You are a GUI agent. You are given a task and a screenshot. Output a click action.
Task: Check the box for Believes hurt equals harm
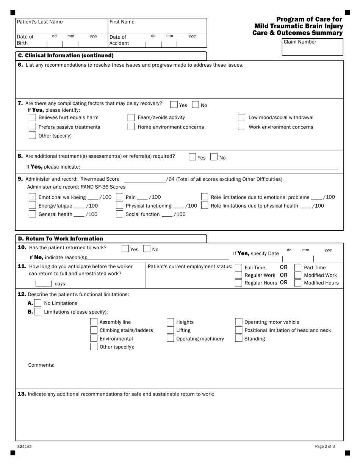pyautogui.click(x=33, y=117)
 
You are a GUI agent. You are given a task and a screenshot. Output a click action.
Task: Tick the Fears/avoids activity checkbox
pyautogui.click(x=131, y=117)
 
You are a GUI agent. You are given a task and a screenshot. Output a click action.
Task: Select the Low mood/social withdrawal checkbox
pyautogui.click(x=241, y=117)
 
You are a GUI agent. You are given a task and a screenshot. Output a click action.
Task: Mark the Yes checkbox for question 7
pyautogui.click(x=174, y=105)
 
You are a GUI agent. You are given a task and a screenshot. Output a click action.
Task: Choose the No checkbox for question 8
pyautogui.click(x=214, y=157)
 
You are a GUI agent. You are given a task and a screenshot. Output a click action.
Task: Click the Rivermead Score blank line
pyautogui.click(x=145, y=180)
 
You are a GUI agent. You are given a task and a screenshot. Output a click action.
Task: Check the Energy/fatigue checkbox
pyautogui.click(x=33, y=206)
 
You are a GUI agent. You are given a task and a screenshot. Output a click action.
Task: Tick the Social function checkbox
pyautogui.click(x=119, y=214)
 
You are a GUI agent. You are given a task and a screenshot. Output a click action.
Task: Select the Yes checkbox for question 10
pyautogui.click(x=125, y=249)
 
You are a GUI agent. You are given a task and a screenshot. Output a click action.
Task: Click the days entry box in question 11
pyautogui.click(x=44, y=283)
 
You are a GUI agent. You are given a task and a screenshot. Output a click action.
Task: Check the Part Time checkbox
pyautogui.click(x=298, y=267)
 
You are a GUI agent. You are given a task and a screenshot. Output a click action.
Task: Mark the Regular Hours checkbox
pyautogui.click(x=238, y=283)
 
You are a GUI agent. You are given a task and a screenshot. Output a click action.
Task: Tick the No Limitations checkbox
pyautogui.click(x=38, y=303)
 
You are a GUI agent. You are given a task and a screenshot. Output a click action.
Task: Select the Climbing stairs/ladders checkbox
pyautogui.click(x=94, y=330)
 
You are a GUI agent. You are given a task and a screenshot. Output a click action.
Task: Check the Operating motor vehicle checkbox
pyautogui.click(x=239, y=322)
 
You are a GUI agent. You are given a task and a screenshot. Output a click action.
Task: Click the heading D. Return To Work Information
pyautogui.click(x=61, y=239)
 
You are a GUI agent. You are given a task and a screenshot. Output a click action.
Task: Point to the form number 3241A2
pyautogui.click(x=24, y=447)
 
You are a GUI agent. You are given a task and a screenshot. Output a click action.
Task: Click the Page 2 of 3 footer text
pyautogui.click(x=325, y=447)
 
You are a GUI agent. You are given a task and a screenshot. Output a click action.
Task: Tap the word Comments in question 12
pyautogui.click(x=41, y=365)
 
